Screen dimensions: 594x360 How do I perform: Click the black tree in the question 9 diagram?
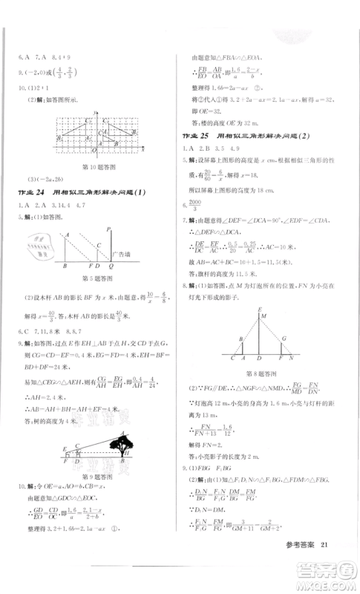click(x=119, y=444)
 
